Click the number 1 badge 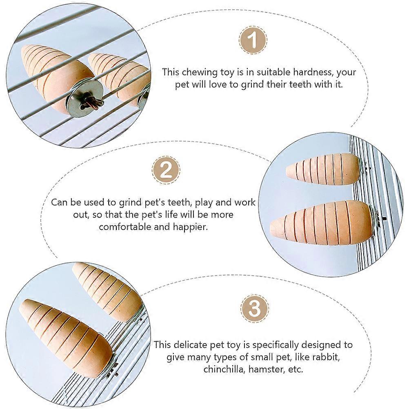(x=253, y=40)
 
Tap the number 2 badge (x=166, y=170)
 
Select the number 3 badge (x=254, y=309)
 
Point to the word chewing (x=200, y=73)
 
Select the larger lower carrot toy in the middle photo (x=321, y=223)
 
